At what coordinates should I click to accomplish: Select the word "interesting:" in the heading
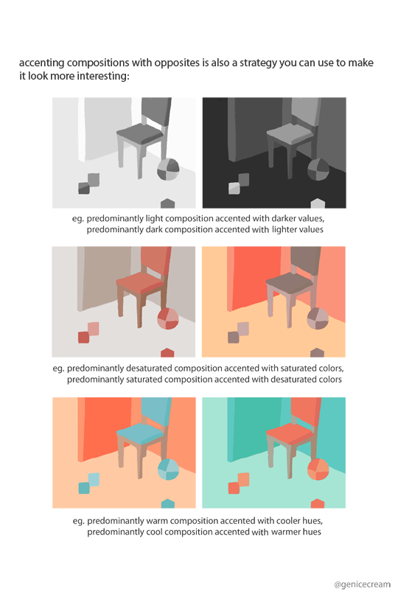point(103,76)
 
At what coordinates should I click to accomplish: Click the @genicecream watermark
point(362,584)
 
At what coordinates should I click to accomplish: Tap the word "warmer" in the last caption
point(284,532)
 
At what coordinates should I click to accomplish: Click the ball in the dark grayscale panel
point(318,170)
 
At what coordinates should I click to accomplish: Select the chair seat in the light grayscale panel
point(141,133)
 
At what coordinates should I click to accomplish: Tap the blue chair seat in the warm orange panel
point(141,433)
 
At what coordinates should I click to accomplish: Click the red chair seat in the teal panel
point(290,433)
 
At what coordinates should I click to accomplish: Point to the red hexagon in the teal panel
point(318,503)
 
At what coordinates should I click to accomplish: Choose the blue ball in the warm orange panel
point(168,469)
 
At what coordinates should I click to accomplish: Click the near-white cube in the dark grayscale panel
point(234,189)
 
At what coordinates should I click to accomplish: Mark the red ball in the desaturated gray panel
point(168,319)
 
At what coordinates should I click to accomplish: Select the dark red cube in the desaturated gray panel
point(83,338)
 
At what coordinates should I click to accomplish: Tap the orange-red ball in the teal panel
point(318,469)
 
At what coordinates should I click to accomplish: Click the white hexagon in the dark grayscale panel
point(318,203)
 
